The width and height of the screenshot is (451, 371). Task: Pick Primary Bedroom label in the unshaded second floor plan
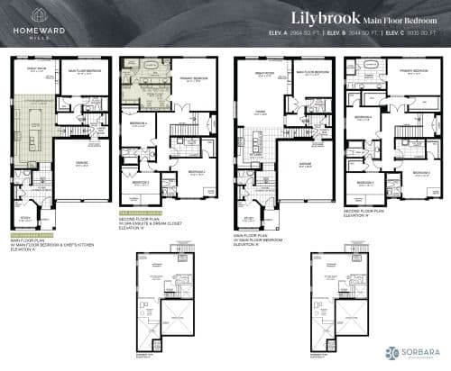click(x=411, y=76)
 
